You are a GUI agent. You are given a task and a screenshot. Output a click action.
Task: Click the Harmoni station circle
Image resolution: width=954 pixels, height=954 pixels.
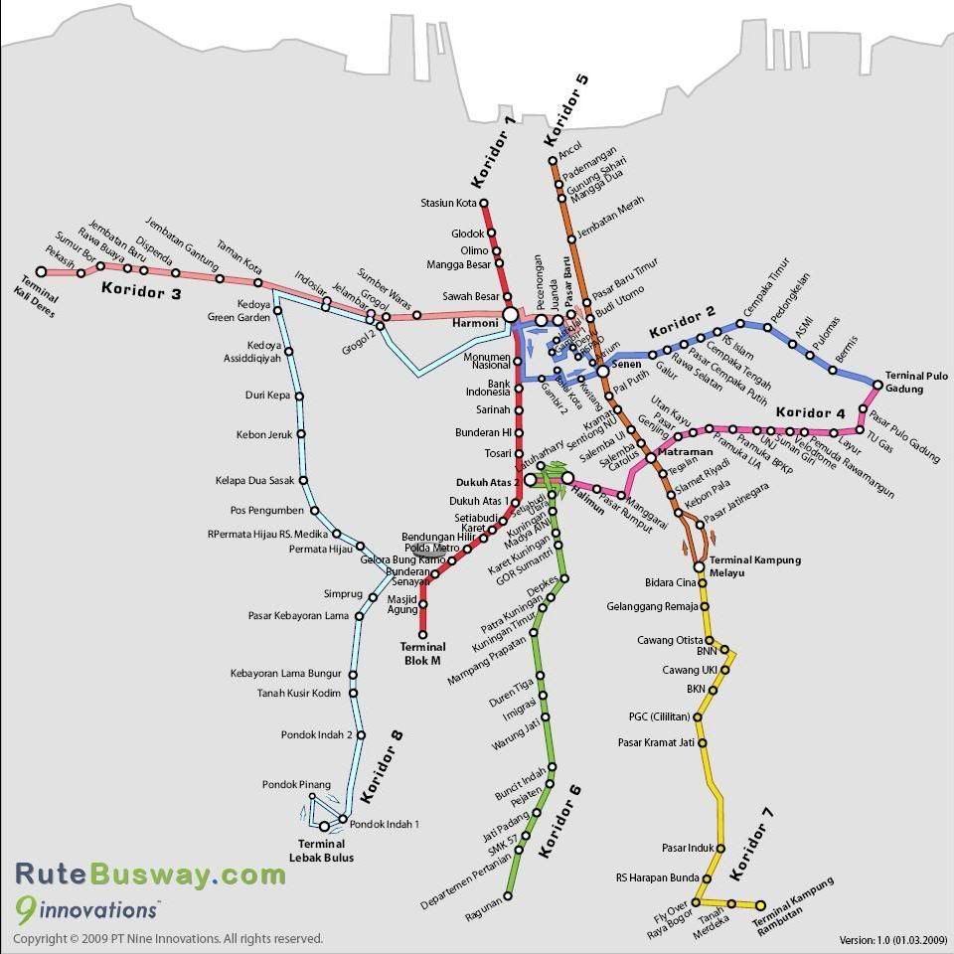tap(510, 315)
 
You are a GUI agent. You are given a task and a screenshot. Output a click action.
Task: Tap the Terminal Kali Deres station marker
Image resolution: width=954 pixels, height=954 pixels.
tap(42, 271)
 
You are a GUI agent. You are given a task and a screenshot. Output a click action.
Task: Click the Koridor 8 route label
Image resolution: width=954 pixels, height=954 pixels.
tap(383, 766)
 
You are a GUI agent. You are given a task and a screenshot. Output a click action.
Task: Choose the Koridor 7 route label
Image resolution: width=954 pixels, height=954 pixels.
tap(751, 844)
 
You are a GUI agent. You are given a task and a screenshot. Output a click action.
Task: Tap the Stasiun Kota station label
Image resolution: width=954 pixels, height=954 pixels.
tap(449, 205)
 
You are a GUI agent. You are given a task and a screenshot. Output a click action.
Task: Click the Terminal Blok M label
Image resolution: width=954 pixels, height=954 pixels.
tap(423, 653)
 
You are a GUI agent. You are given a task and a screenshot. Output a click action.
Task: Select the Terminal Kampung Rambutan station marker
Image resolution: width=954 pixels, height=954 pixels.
tap(761, 905)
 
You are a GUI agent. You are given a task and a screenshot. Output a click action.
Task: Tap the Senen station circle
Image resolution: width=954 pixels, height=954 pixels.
tap(602, 371)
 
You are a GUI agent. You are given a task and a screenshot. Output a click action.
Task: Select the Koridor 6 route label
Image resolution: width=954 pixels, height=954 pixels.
tap(559, 820)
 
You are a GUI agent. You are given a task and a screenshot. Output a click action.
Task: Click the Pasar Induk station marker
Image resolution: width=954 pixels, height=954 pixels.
tap(720, 848)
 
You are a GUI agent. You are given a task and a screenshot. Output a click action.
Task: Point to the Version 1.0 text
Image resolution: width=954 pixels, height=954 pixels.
tap(891, 939)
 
